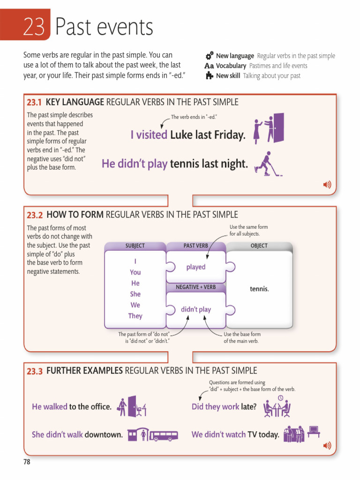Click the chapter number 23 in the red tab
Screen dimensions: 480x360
tap(34, 27)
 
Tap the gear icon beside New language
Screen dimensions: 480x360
tap(210, 55)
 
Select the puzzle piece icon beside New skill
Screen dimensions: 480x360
tap(210, 75)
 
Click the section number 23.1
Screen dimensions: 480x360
tap(34, 102)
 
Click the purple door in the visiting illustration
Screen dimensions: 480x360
tap(278, 127)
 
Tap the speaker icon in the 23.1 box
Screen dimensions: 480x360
tap(327, 185)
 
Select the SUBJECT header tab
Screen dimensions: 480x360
tap(135, 246)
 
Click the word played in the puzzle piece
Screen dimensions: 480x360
tap(196, 267)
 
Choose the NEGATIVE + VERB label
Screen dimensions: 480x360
tap(196, 287)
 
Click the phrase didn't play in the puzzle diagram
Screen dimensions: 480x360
tap(196, 309)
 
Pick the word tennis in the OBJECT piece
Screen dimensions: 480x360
tap(259, 289)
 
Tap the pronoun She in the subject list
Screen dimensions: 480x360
tap(135, 294)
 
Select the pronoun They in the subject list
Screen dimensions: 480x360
tap(135, 316)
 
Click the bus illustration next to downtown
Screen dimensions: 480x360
tap(163, 435)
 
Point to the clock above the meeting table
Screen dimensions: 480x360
tap(280, 397)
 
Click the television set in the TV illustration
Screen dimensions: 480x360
tap(314, 429)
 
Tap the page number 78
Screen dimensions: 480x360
tap(27, 462)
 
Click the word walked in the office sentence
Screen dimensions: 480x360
tap(55, 406)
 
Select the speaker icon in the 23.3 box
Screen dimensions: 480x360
tap(327, 445)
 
